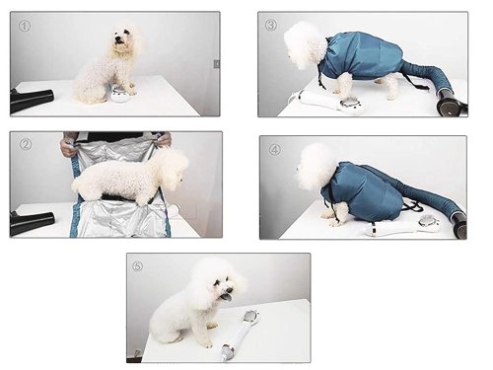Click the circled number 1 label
(25, 26)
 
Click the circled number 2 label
(26, 144)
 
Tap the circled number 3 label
(271, 25)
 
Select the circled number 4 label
(275, 150)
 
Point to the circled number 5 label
(137, 266)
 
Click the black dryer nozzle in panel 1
(32, 100)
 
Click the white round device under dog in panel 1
(120, 95)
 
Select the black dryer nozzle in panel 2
(32, 222)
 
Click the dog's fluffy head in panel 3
(304, 44)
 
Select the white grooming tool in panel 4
(399, 226)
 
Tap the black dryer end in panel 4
(459, 224)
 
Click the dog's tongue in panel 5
(227, 298)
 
